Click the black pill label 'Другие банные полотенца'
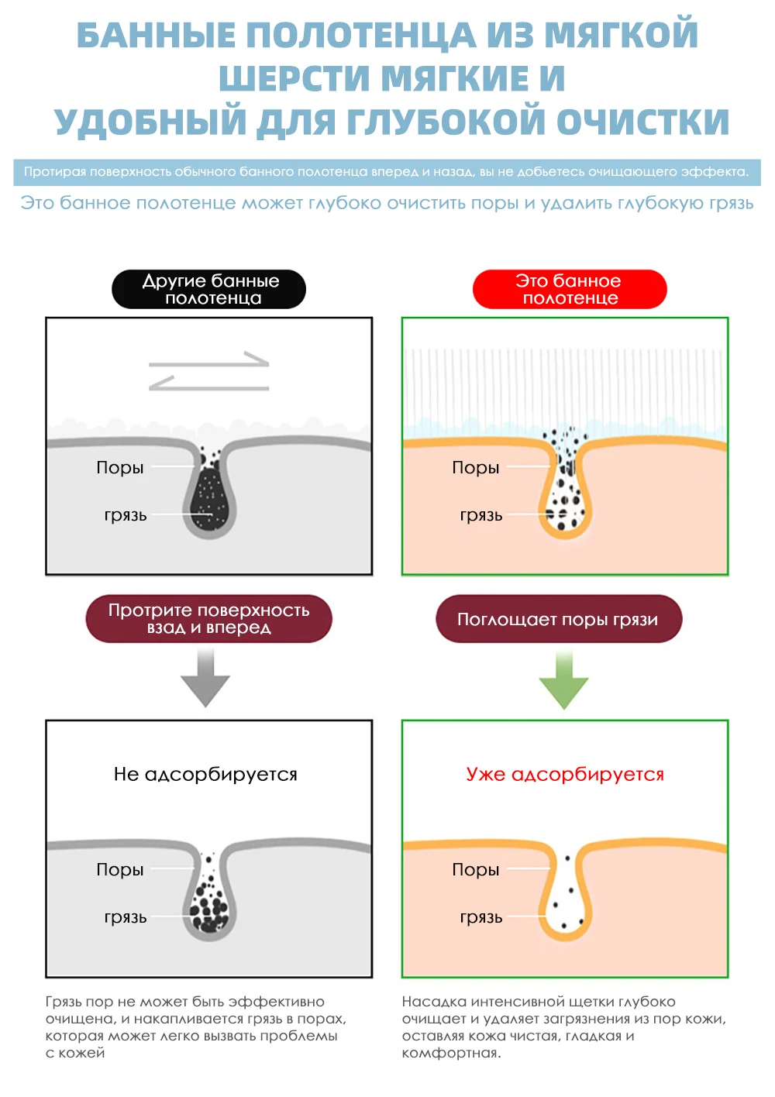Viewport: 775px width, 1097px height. [x=209, y=289]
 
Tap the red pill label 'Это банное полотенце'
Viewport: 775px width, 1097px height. [x=570, y=289]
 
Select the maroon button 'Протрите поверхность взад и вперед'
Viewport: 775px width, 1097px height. [x=208, y=619]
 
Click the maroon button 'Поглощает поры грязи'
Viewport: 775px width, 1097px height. [x=558, y=619]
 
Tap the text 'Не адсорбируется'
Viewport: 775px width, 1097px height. [x=205, y=774]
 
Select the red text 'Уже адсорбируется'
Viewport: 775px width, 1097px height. [x=565, y=774]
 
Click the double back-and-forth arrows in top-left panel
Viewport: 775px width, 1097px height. [x=208, y=371]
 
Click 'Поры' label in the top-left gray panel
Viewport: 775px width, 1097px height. [x=120, y=467]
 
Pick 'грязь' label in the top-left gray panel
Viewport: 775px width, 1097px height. [x=126, y=515]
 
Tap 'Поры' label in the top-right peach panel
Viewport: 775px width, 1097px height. [x=476, y=467]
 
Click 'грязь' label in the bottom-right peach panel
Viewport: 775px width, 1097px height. [x=481, y=917]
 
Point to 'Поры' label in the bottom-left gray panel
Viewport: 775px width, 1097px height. [x=120, y=869]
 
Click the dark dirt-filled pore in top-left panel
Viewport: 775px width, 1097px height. [x=209, y=496]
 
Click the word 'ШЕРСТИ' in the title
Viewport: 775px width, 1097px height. [x=295, y=78]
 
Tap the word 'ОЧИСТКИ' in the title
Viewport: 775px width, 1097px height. [x=642, y=122]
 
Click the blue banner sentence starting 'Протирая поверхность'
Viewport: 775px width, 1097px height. [x=387, y=172]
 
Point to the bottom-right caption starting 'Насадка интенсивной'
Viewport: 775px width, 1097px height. [x=563, y=1027]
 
